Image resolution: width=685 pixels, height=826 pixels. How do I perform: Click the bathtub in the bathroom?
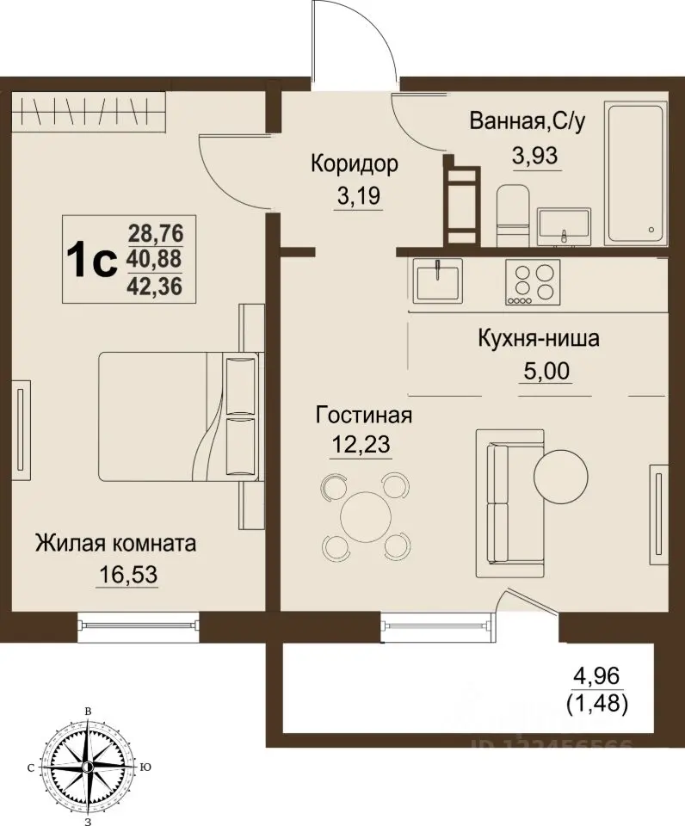(x=637, y=173)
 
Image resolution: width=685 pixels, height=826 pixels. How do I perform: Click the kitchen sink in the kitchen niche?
(x=438, y=280)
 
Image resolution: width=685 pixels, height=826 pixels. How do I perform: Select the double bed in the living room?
(x=177, y=416)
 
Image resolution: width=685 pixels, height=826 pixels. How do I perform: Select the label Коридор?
(x=355, y=163)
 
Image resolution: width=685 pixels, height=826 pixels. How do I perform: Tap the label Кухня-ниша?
(x=538, y=338)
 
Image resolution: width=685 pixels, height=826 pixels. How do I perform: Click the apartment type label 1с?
(x=91, y=258)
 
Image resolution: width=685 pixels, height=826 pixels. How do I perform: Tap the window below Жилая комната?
(x=138, y=622)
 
